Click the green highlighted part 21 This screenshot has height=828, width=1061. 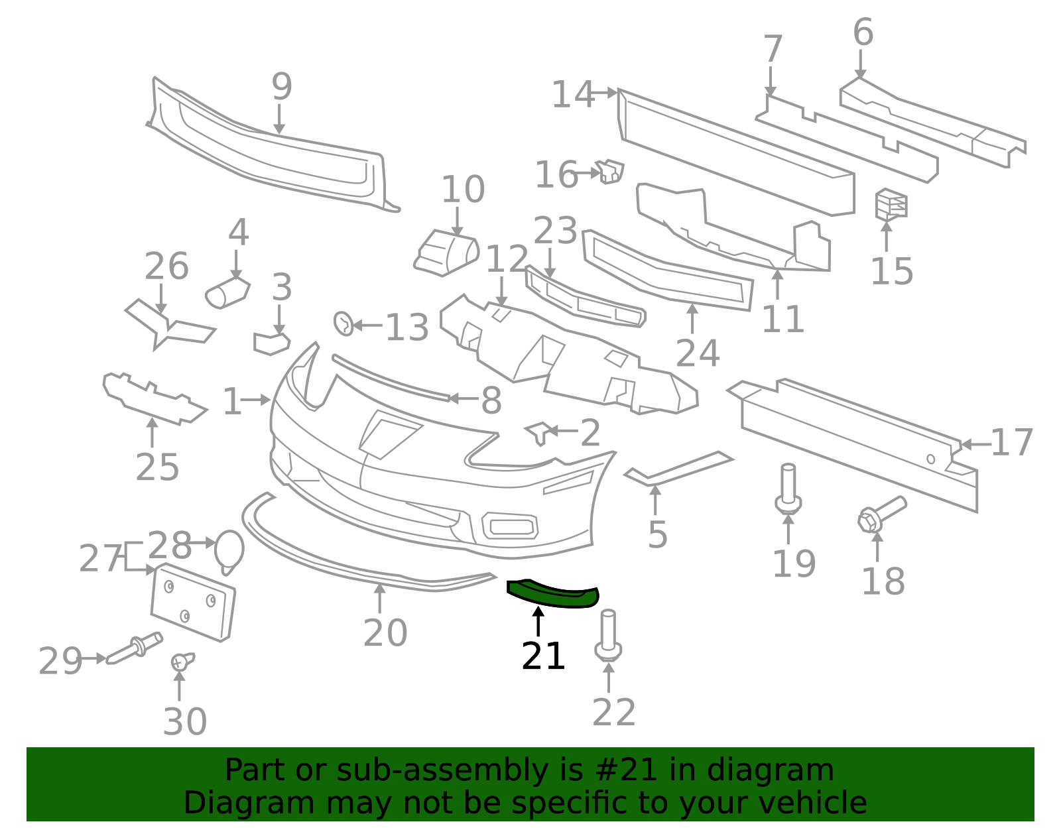tap(552, 595)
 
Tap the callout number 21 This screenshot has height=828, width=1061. tap(543, 657)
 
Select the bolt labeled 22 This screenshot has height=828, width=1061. tap(608, 636)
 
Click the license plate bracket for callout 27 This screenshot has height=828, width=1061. tap(193, 602)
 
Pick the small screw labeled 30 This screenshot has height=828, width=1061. tap(182, 661)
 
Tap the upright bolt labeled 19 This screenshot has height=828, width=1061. tap(788, 489)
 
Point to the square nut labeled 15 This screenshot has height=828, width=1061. tap(891, 204)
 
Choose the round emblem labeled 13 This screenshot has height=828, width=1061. tap(343, 324)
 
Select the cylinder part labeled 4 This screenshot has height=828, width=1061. tap(227, 293)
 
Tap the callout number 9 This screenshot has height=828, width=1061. tap(282, 86)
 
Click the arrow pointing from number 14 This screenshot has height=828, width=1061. tap(605, 92)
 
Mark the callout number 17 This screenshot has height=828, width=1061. tap(1012, 443)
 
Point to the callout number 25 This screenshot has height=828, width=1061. tap(157, 467)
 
